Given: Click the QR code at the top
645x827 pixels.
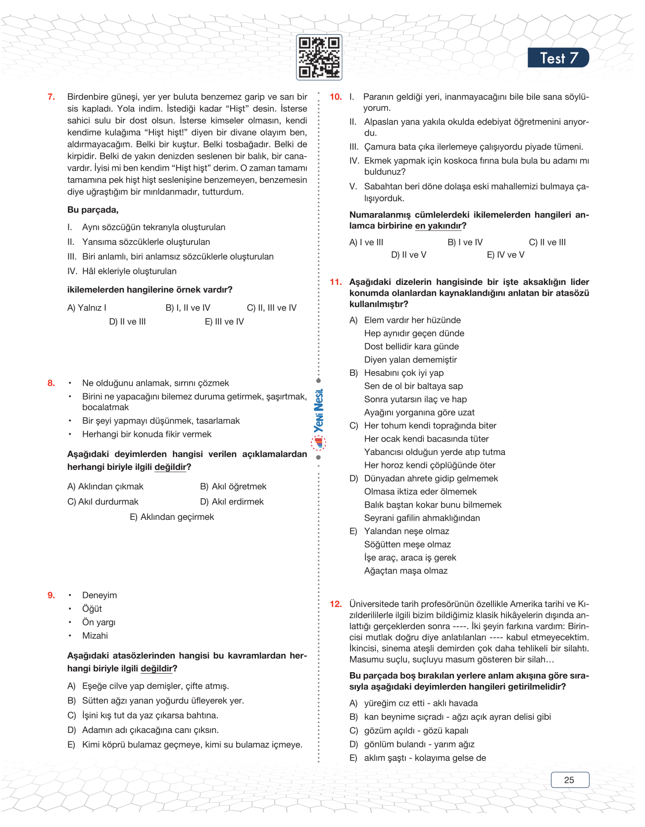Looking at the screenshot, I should pyautogui.click(x=319, y=57).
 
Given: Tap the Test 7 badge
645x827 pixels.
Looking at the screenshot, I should pyautogui.click(x=558, y=58).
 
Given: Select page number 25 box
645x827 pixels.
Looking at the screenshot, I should pyautogui.click(x=570, y=780).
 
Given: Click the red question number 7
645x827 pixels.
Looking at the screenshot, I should pyautogui.click(x=51, y=97).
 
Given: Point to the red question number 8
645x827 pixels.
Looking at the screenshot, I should pyautogui.click(x=51, y=383).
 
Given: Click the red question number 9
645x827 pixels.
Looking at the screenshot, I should pyautogui.click(x=51, y=595).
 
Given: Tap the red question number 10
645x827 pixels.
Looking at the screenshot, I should pyautogui.click(x=336, y=97).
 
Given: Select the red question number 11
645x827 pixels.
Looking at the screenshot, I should pyautogui.click(x=336, y=282).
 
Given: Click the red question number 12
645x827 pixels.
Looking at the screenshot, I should pyautogui.click(x=336, y=604).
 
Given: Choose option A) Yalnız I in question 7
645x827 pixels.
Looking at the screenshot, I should pyautogui.click(x=87, y=308).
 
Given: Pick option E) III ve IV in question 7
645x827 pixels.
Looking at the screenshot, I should pyautogui.click(x=224, y=322).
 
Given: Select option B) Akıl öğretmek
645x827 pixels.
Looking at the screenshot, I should pyautogui.click(x=233, y=486).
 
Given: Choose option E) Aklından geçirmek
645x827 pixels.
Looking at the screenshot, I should pyautogui.click(x=172, y=517).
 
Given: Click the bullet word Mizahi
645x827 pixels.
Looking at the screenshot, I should pyautogui.click(x=95, y=636).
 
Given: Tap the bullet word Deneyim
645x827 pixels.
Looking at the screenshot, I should pyautogui.click(x=99, y=595).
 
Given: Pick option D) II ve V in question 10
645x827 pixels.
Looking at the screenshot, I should pyautogui.click(x=408, y=255).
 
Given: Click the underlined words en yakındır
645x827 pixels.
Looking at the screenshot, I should pyautogui.click(x=438, y=226).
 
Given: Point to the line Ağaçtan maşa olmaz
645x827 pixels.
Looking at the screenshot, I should pyautogui.click(x=406, y=571).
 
